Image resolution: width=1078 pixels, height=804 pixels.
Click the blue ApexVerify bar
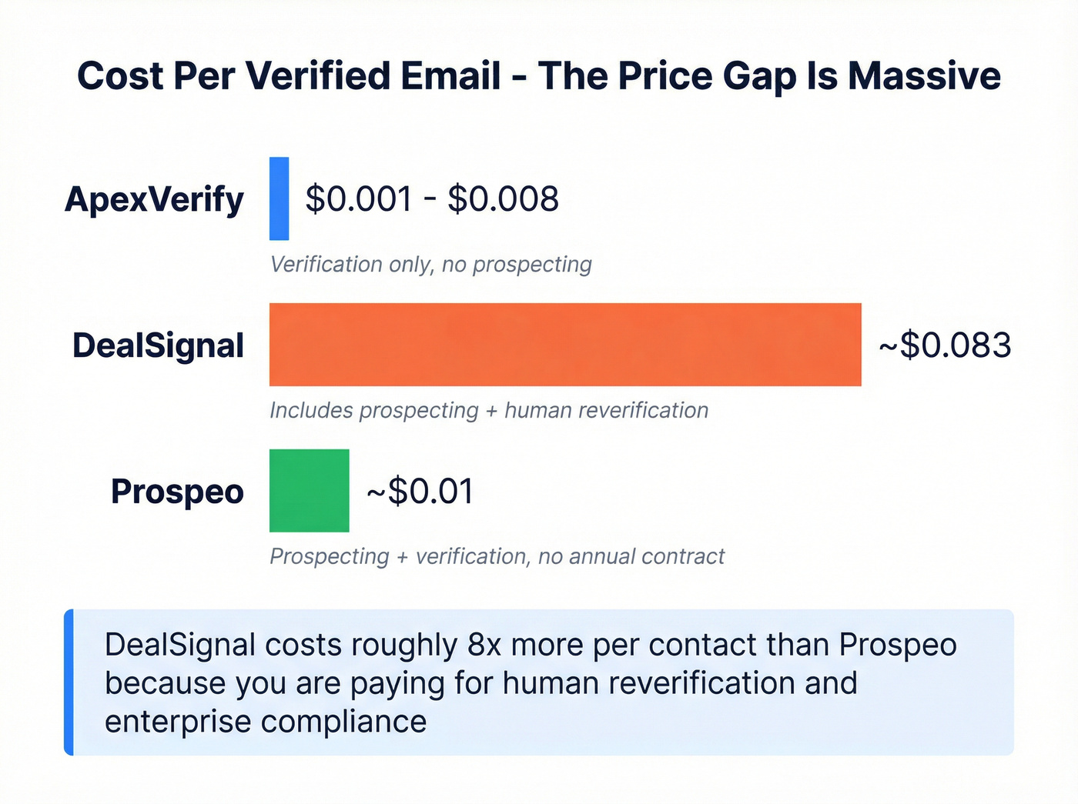[x=279, y=198]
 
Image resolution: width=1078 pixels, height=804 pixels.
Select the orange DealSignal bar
[x=565, y=345]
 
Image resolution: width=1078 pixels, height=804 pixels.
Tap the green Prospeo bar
[x=309, y=491]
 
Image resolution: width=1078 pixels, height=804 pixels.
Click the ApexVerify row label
[x=154, y=200]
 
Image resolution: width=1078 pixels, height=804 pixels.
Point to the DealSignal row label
[x=158, y=345]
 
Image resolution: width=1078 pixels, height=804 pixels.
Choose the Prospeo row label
[x=177, y=492]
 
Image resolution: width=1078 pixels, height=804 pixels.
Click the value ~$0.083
[x=945, y=345]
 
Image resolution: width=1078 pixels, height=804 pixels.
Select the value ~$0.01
[x=420, y=491]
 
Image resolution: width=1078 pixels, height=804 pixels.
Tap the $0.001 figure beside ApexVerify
[x=359, y=199]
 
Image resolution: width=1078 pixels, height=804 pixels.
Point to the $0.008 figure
[x=503, y=199]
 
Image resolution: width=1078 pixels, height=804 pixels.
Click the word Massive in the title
[x=924, y=76]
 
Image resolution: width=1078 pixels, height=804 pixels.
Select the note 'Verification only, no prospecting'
[x=430, y=265]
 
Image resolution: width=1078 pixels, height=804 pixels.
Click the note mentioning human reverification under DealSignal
[x=489, y=410]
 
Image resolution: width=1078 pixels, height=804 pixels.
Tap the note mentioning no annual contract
[x=497, y=556]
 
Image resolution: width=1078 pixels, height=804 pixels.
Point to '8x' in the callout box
[x=484, y=645]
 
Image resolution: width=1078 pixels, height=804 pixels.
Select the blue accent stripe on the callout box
[x=69, y=682]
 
